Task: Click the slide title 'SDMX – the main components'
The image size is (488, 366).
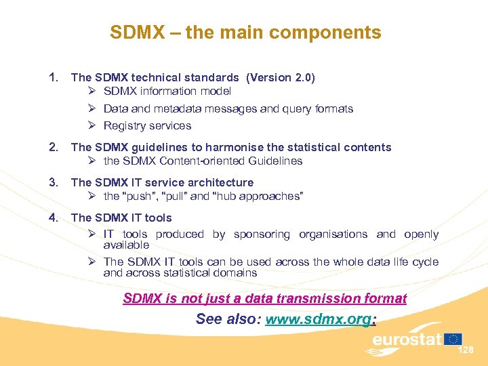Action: [x=245, y=33]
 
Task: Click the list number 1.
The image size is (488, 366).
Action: [x=54, y=78]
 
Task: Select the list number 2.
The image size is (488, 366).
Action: [x=54, y=147]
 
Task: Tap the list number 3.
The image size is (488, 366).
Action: [x=54, y=182]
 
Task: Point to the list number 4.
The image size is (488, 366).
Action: [x=54, y=218]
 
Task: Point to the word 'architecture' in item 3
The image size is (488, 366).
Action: [x=221, y=182]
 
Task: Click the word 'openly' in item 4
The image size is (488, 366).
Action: [x=422, y=234]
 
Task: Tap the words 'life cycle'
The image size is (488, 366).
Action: [x=413, y=262]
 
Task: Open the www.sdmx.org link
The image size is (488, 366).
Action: [x=318, y=319]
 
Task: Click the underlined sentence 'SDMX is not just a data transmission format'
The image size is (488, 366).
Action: [x=265, y=298]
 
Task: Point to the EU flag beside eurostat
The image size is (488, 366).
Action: [x=453, y=338]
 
